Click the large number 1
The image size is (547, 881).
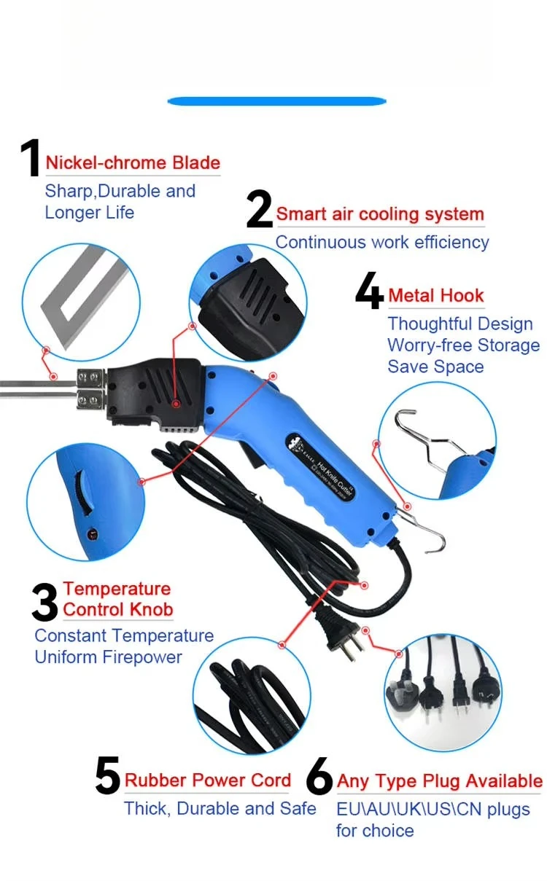click(30, 158)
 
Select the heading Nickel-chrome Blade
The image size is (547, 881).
click(133, 163)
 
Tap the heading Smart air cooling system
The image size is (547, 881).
click(380, 214)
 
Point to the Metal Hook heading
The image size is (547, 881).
click(436, 295)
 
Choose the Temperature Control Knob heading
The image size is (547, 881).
click(117, 599)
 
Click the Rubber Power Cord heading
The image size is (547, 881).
click(208, 780)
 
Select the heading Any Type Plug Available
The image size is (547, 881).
click(439, 781)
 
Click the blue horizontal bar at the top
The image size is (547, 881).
click(276, 101)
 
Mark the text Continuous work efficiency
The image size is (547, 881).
click(381, 242)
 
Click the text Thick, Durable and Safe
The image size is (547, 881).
click(220, 809)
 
